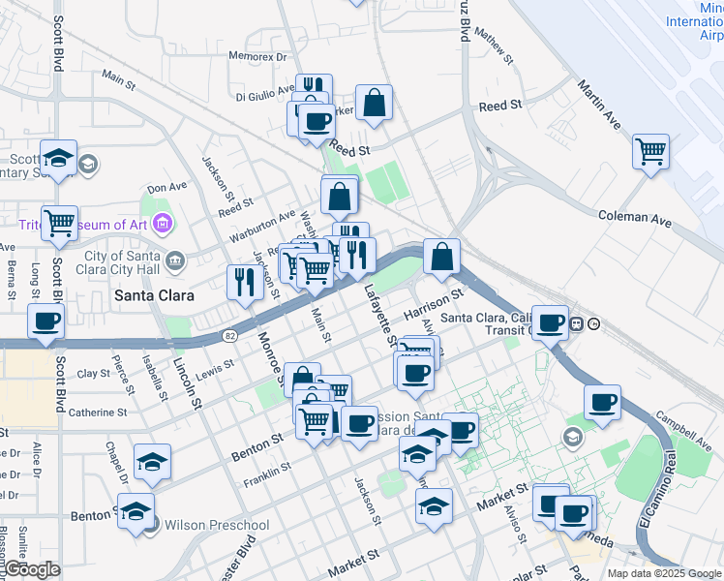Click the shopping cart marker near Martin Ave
coord(651,152)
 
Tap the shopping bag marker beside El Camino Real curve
coord(441,258)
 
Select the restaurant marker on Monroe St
coord(244,283)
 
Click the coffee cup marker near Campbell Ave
coord(602,403)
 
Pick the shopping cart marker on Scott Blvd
coord(60,224)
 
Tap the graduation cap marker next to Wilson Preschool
coord(136,511)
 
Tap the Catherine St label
coord(96,413)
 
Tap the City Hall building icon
coord(175,260)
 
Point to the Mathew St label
coord(490,41)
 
